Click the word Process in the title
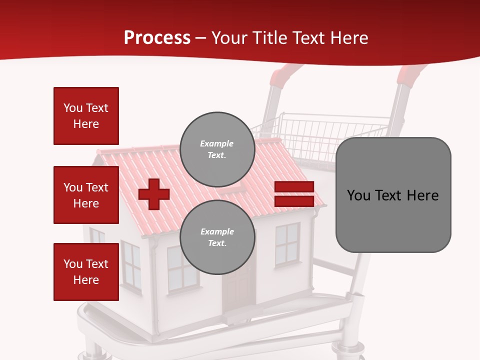tap(157, 38)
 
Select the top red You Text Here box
tap(86, 116)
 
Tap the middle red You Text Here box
tap(86, 195)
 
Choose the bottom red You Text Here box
tap(86, 272)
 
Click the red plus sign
tap(154, 194)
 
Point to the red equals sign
tap(294, 194)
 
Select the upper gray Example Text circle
tap(217, 149)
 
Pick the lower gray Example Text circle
tap(217, 237)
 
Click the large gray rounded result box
tap(393, 194)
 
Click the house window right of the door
tap(287, 244)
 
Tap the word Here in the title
tap(348, 38)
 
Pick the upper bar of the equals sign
tap(294, 186)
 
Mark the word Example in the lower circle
tap(217, 231)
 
